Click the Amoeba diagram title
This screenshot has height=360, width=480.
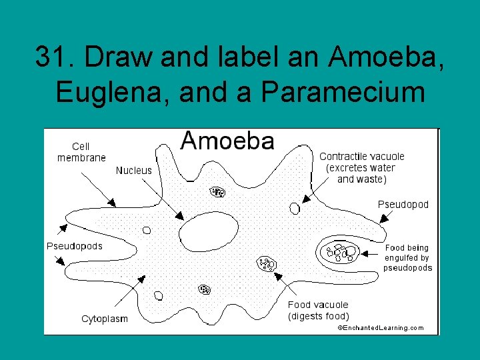pos(227,141)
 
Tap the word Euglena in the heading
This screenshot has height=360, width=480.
pos(106,91)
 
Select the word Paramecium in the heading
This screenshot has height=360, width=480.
pos(343,91)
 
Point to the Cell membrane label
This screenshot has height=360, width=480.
pos(81,152)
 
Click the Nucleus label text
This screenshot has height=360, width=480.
pos(133,171)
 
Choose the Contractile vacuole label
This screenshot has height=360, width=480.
pos(361,167)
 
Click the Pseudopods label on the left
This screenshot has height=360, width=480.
pos(75,246)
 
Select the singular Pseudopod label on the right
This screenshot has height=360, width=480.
pos(403,204)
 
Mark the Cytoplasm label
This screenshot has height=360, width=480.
pos(105,319)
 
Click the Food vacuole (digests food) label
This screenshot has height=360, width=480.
pos(318,310)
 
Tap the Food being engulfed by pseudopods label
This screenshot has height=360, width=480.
pos(407,258)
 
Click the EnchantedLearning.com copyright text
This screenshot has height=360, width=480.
pos(381,328)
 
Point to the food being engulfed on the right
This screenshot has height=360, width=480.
pos(340,252)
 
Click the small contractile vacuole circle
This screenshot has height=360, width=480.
pos(295,208)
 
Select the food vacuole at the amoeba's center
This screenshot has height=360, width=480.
pos(267,263)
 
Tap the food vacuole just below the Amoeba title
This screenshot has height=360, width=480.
pos(218,192)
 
